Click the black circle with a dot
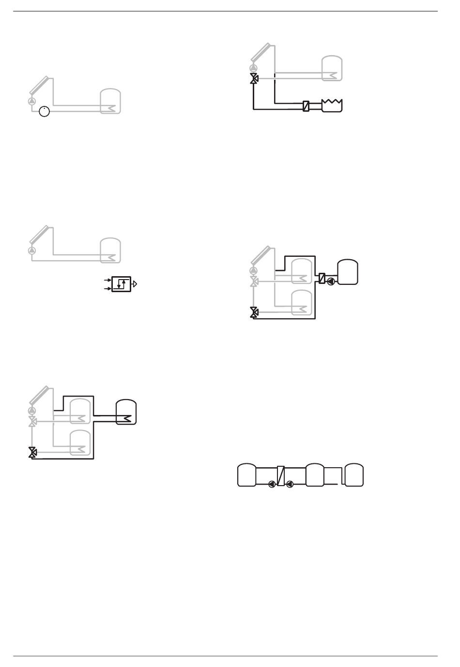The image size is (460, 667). [44, 112]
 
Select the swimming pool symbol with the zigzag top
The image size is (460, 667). [332, 105]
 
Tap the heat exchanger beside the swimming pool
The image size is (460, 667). [306, 105]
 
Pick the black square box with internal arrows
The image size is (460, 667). [121, 284]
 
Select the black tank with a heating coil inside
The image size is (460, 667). [127, 412]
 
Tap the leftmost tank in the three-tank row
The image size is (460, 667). [247, 475]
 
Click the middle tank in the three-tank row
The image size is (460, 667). [315, 475]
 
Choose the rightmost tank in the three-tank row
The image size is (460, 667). [353, 475]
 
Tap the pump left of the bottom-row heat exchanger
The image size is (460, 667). [272, 484]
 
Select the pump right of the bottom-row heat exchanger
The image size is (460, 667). [290, 484]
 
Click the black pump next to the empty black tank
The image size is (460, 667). [331, 281]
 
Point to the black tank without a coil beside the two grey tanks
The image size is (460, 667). [348, 272]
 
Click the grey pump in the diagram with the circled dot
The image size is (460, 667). [32, 101]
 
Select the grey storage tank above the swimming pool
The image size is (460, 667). [332, 67]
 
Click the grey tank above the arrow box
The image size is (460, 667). [110, 250]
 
